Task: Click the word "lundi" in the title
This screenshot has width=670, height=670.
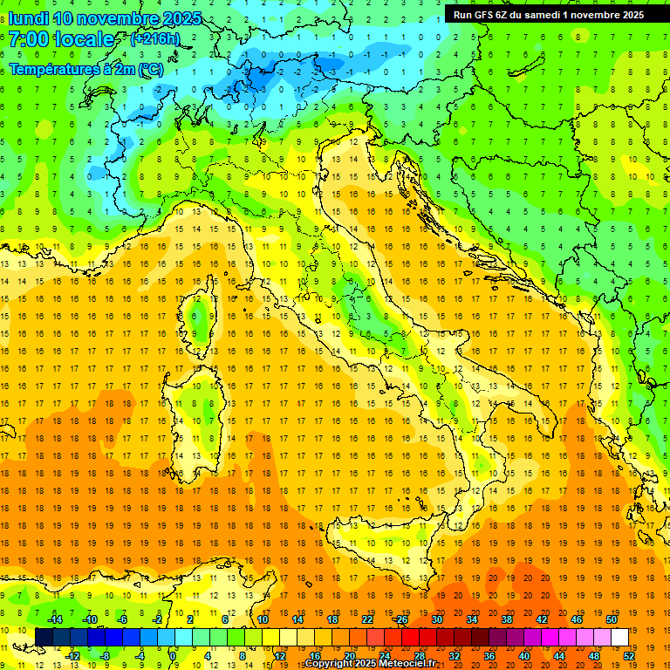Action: point(28,18)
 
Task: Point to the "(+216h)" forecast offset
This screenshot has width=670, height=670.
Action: point(154,39)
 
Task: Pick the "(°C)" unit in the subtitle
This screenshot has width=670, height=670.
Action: point(150,69)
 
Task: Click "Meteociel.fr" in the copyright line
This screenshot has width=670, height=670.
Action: point(401,664)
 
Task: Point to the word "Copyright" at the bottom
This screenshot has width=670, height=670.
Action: point(329,664)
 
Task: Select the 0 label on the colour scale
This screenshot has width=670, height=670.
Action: point(173,656)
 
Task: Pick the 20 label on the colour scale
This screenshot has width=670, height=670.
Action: point(349,656)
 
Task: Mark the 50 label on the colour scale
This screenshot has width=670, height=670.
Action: point(612,619)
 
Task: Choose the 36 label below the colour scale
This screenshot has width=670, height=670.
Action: point(489,656)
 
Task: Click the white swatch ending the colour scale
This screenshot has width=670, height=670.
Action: point(620,637)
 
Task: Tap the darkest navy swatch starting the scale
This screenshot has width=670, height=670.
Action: point(44,637)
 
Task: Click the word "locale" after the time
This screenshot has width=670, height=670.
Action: point(85,39)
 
